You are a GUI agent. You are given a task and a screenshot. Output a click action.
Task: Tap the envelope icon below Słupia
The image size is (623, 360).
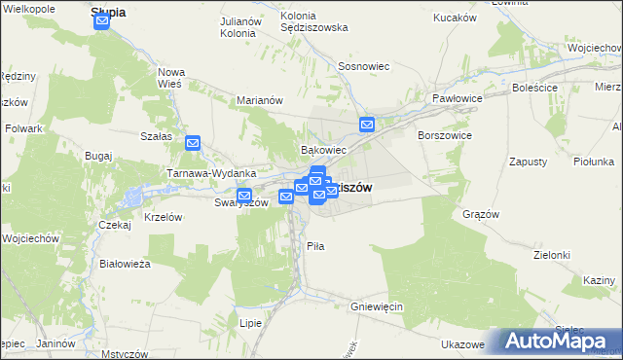pos(102,21)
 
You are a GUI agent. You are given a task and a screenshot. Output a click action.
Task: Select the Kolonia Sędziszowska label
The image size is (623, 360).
pos(313,21)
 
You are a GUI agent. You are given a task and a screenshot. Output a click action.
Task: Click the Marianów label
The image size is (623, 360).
pos(260,99)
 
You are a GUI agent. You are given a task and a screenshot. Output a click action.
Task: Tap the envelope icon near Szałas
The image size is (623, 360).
pos(193,143)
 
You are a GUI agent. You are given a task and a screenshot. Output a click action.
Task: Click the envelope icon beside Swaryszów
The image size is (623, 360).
pos(244,195)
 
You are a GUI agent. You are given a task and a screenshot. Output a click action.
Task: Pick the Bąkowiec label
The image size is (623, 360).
pos(323,151)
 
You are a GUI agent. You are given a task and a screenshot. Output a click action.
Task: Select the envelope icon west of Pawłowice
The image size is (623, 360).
pos(367,125)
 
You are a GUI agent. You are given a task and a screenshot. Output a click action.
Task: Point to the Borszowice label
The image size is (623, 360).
pos(445,136)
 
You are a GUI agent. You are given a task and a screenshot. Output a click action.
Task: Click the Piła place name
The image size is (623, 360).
pos(315,247)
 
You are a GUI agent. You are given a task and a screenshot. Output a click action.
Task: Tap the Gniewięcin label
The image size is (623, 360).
pos(377,306)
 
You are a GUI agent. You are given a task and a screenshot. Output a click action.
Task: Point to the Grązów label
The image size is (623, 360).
pos(481,214)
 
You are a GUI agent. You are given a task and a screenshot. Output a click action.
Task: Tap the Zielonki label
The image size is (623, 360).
pos(551,254)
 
